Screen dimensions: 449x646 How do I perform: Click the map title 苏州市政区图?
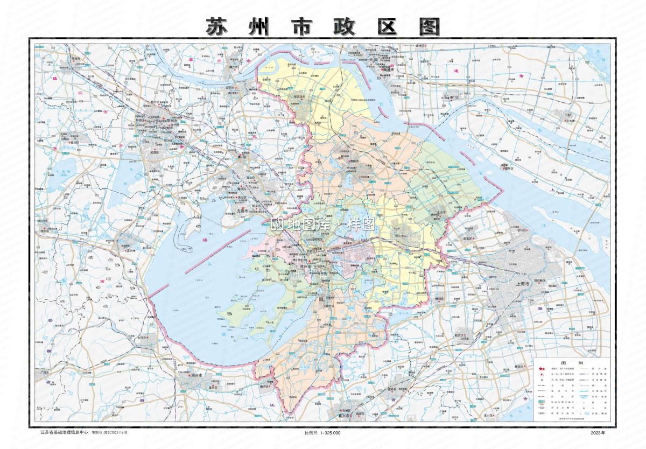[x=322, y=26]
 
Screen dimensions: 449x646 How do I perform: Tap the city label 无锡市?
[x=242, y=211]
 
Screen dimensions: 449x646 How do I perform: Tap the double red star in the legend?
[x=541, y=369]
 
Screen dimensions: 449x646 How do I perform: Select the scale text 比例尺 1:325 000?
[x=322, y=433]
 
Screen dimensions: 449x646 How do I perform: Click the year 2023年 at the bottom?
[x=598, y=433]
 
